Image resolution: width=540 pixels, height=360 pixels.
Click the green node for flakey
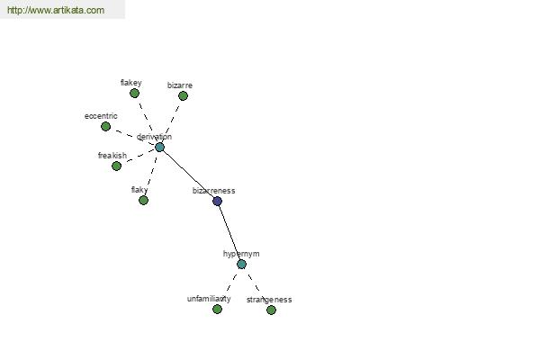(134, 93)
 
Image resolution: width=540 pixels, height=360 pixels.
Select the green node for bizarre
(183, 95)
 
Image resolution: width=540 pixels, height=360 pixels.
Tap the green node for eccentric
(105, 126)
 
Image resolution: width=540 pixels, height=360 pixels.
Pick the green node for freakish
(116, 166)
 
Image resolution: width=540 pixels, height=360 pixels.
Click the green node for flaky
(143, 200)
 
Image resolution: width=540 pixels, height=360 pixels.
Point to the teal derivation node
(159, 148)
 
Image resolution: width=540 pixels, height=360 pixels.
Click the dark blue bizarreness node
(217, 202)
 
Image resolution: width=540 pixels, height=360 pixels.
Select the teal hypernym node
(241, 265)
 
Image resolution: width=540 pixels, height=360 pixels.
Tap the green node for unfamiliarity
(217, 309)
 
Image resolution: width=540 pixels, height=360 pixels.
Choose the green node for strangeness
(271, 310)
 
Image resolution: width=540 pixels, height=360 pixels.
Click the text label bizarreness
(213, 191)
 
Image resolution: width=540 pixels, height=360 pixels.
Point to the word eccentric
(101, 116)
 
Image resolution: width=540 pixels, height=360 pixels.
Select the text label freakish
(112, 156)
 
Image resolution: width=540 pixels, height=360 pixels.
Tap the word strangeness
(269, 300)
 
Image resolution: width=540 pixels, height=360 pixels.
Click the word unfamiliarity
(209, 299)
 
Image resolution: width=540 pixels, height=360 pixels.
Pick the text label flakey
(130, 83)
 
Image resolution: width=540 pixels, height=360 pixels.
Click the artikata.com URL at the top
(56, 10)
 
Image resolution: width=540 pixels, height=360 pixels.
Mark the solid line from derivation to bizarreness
(188, 175)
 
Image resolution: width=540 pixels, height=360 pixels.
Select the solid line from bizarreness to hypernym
(229, 232)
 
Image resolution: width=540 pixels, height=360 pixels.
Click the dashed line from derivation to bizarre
(172, 121)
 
